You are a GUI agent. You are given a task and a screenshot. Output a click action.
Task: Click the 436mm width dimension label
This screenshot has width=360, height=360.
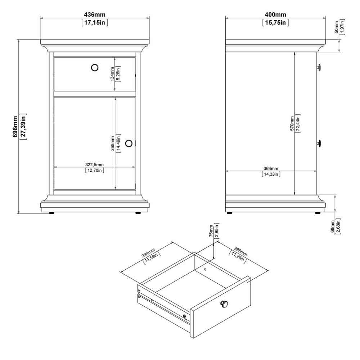(95, 15)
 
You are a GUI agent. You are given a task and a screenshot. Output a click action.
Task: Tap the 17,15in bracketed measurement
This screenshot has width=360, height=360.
(95, 22)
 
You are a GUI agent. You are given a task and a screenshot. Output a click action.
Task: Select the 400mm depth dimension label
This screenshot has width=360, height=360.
(275, 15)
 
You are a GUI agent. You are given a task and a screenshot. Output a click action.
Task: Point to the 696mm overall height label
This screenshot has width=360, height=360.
(15, 126)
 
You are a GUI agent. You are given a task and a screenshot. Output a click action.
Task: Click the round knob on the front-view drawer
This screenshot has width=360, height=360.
(95, 68)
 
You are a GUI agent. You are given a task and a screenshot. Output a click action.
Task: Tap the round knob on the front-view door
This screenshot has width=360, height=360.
(129, 143)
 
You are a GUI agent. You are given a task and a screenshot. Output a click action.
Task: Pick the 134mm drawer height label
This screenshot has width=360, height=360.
(112, 74)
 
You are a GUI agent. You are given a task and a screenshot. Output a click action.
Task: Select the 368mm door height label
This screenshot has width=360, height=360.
(112, 144)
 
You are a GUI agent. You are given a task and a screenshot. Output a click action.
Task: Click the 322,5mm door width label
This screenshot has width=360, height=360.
(94, 165)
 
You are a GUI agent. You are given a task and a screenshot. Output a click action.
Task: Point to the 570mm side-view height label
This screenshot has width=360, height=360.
(292, 123)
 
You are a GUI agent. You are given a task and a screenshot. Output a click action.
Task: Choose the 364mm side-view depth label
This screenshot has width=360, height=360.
(271, 168)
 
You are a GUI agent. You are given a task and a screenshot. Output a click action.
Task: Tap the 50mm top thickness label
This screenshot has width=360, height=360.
(337, 27)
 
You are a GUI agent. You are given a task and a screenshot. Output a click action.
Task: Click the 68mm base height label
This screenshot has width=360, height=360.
(332, 226)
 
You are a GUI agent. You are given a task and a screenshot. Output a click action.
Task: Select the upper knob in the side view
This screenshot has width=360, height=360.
(319, 68)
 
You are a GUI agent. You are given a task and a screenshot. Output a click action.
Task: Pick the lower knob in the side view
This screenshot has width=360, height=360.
(319, 143)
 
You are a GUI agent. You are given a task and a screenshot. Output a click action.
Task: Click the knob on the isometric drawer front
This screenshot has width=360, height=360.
(224, 304)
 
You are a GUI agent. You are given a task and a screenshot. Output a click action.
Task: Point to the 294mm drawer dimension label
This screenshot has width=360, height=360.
(148, 253)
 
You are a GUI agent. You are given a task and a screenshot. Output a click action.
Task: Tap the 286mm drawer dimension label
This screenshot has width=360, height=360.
(240, 251)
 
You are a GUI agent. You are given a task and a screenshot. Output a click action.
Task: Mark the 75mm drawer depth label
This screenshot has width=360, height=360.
(211, 231)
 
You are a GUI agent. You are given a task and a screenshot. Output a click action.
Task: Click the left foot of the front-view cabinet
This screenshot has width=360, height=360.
(51, 213)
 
